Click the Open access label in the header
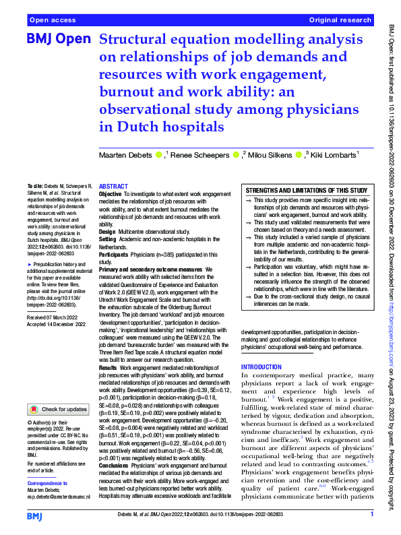(51, 21)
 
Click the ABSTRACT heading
(113, 186)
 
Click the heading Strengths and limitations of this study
(306, 191)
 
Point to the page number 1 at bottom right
(371, 515)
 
